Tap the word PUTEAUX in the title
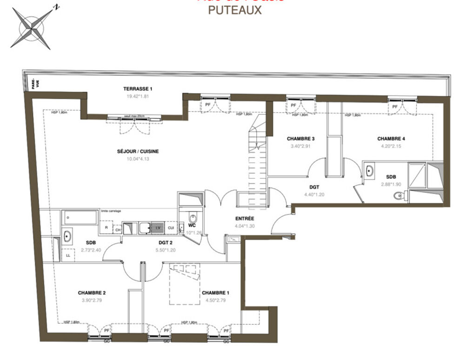(x=234, y=10)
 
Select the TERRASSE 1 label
(x=138, y=89)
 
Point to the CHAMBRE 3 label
(x=301, y=139)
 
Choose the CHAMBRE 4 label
(x=391, y=139)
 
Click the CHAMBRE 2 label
(x=92, y=293)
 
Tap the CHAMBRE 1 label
(x=215, y=293)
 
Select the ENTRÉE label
(x=244, y=218)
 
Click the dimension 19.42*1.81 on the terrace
(x=138, y=96)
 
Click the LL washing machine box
(x=67, y=255)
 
